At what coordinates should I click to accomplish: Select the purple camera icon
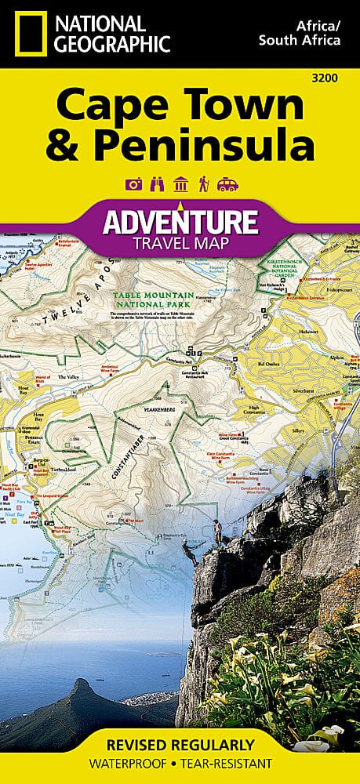click(x=133, y=185)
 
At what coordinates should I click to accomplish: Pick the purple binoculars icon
click(x=155, y=185)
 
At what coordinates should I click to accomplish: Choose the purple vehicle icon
click(x=227, y=185)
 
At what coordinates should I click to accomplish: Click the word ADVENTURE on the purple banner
click(x=180, y=221)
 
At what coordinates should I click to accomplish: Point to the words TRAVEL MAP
click(x=180, y=243)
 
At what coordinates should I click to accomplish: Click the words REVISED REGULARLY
click(x=180, y=744)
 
